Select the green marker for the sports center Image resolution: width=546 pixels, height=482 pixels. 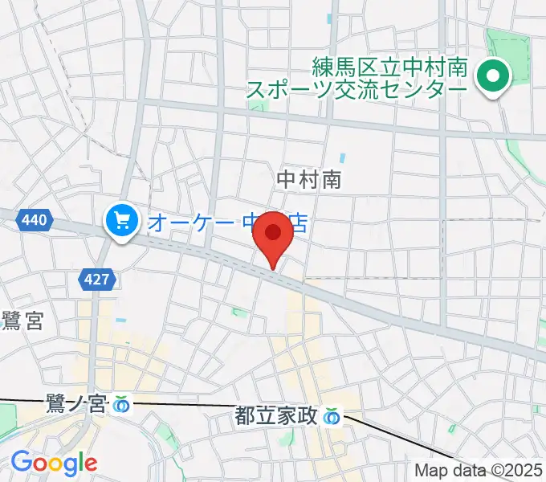[494, 77]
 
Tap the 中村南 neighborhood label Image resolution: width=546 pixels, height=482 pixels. [309, 179]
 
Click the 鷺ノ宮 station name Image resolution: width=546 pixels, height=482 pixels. [75, 404]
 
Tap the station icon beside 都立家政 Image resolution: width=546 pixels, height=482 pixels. [331, 416]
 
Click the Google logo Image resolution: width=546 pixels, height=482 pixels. [53, 463]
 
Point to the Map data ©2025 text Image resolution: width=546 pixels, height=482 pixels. [479, 470]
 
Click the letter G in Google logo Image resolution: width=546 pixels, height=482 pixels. [21, 462]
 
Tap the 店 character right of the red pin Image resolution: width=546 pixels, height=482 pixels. [298, 222]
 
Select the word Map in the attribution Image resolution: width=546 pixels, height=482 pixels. [432, 470]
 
